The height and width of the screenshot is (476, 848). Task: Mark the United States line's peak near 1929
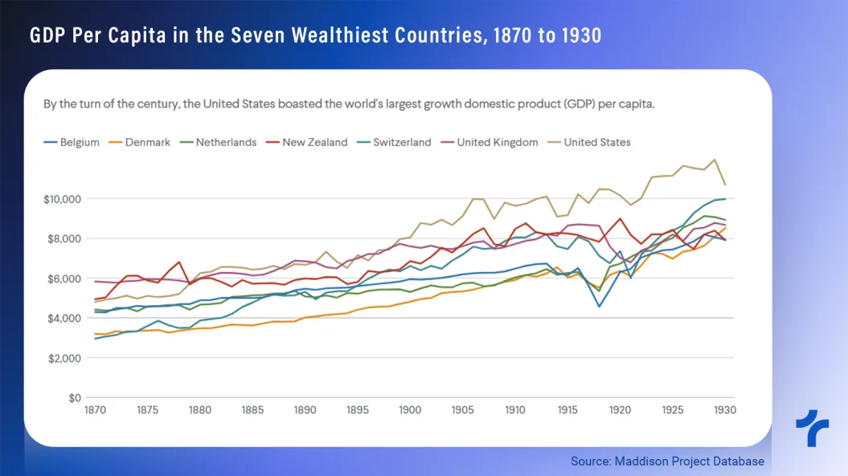click(715, 159)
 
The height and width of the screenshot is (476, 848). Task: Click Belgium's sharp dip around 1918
click(599, 306)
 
